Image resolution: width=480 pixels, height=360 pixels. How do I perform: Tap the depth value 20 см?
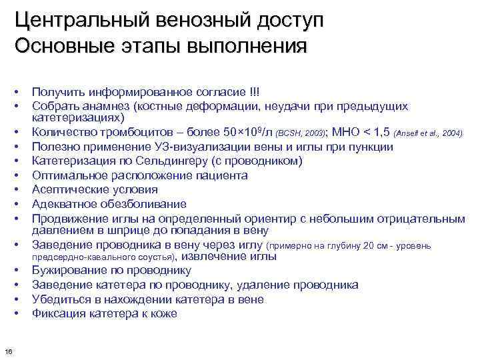click(x=371, y=245)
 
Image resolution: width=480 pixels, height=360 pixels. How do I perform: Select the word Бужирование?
click(x=67, y=271)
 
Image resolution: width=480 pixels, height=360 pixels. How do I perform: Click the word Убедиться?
click(x=58, y=299)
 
